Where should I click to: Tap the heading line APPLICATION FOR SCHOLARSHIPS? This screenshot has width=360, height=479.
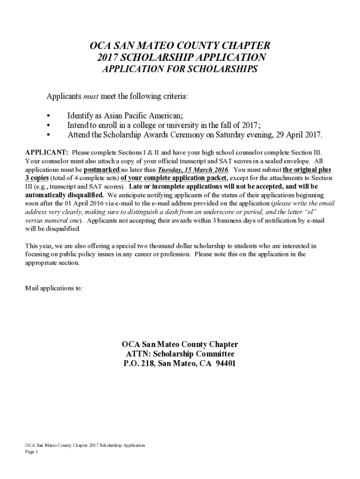tap(180, 70)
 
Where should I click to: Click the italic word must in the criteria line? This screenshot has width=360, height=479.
tap(91, 96)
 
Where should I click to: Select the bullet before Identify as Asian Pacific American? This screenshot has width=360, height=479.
tap(49, 116)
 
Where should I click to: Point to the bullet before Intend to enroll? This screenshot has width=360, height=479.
tap(49, 125)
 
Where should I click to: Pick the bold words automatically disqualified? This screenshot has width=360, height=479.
tap(64, 195)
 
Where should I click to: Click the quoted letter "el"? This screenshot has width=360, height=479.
tap(304, 212)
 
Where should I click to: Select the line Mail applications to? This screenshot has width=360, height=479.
tap(54, 288)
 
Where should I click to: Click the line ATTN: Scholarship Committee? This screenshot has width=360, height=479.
tap(180, 354)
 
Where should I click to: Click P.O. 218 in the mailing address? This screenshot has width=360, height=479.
tap(138, 363)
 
